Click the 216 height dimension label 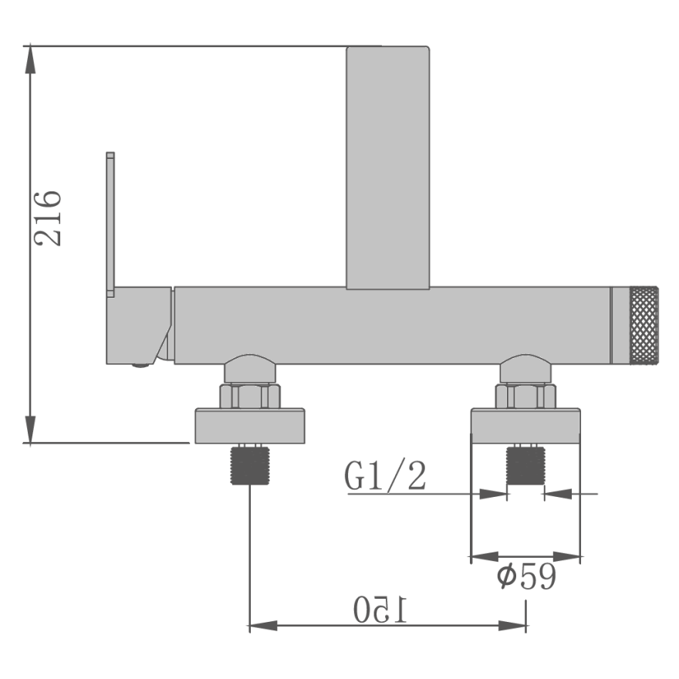48,218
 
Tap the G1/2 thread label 385,475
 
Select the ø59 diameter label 525,576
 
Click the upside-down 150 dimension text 380,609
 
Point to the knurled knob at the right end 644,325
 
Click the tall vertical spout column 387,167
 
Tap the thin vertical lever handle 110,225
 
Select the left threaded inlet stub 250,464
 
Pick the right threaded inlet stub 525,465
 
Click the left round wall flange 250,426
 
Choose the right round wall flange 525,426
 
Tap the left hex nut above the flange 250,396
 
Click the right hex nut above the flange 525,396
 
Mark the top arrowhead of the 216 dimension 30,59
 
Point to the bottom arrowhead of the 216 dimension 30,429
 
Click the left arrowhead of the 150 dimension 263,626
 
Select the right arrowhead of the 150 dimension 512,626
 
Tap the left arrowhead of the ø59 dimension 485,556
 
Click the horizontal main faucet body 392,325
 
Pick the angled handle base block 139,325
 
